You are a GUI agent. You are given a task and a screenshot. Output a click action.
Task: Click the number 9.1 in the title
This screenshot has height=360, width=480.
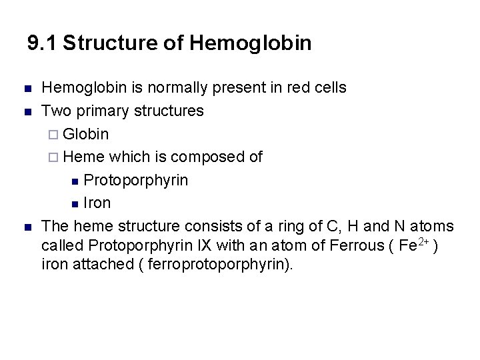(x=42, y=43)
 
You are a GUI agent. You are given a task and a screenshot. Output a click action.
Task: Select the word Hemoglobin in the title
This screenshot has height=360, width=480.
(x=251, y=43)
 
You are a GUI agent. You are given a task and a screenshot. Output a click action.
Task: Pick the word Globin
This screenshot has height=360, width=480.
(x=87, y=134)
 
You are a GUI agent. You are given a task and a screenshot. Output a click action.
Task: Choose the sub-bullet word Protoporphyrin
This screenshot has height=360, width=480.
(x=136, y=181)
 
